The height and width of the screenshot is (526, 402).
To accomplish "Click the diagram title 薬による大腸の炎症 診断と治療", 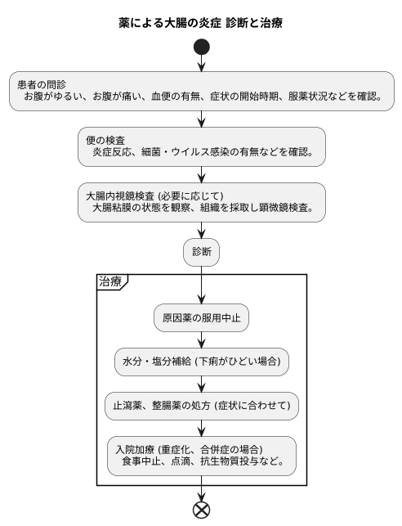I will click(201, 22).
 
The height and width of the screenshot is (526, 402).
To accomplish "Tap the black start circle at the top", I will click(201, 47).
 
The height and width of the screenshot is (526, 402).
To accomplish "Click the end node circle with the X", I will click(201, 510).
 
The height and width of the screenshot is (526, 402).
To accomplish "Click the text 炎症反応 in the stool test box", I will click(112, 152).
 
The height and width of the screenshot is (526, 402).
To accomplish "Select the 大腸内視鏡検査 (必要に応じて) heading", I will click(154, 196).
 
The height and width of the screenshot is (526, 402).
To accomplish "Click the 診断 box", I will click(201, 252).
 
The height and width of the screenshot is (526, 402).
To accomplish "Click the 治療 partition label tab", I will click(111, 281).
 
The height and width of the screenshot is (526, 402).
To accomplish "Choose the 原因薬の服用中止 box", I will click(201, 317).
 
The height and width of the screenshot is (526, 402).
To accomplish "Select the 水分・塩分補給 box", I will click(201, 361).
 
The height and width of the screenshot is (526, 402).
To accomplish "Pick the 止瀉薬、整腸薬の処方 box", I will click(201, 404).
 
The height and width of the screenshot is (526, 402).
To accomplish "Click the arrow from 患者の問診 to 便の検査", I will click(201, 119).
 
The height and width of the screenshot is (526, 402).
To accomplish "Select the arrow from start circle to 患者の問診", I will click(201, 64).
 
